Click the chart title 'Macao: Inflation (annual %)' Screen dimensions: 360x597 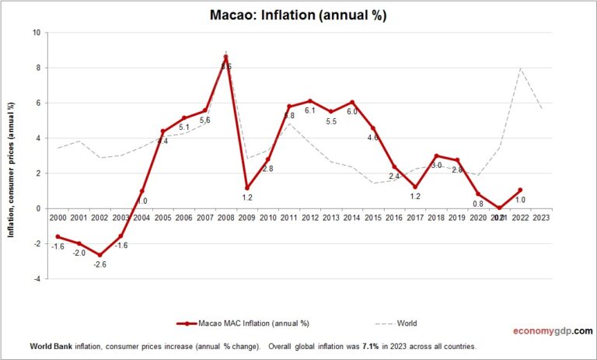click(x=298, y=15)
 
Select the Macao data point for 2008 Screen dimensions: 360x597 click(x=225, y=57)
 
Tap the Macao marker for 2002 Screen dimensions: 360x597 click(x=99, y=254)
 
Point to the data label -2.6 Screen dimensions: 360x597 click(x=99, y=265)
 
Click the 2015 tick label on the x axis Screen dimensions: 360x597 click(x=373, y=218)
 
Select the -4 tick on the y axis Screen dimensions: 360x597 click(x=37, y=279)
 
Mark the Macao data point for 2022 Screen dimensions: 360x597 click(x=520, y=190)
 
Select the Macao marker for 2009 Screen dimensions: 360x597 click(x=246, y=187)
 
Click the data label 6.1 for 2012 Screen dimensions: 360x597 click(x=310, y=111)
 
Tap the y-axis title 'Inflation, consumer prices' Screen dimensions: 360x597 click(x=12, y=156)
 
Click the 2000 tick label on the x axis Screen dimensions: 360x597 click(x=57, y=218)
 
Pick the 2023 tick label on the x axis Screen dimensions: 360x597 click(x=541, y=218)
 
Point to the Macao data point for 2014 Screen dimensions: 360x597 click(x=352, y=102)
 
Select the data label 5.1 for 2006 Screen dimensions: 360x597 click(x=183, y=128)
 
